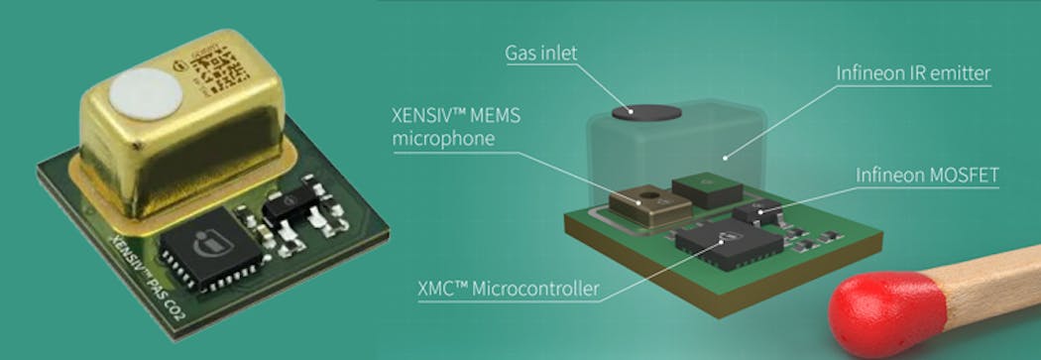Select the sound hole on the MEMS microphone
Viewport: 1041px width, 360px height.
pos(650,193)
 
